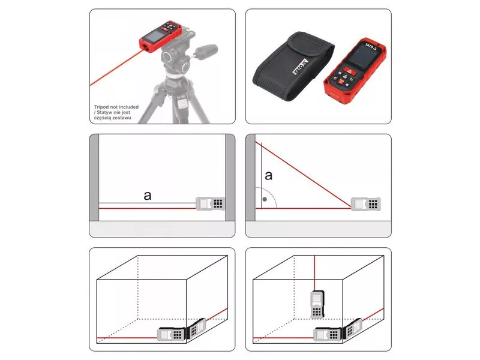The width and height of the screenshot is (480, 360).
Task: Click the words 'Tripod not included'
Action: tap(116, 107)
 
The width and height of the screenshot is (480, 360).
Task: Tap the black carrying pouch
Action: tap(293, 67)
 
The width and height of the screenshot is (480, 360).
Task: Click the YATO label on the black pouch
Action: tap(300, 67)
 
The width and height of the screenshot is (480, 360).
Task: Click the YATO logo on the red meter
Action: tap(371, 47)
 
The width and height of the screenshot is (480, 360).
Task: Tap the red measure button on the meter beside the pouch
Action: tap(349, 71)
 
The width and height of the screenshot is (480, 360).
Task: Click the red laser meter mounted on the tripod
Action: tap(161, 36)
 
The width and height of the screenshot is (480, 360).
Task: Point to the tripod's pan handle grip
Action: tap(206, 50)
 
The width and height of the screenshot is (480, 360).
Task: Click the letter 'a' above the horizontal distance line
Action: tap(147, 196)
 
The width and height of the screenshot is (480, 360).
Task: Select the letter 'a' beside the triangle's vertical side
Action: tap(268, 176)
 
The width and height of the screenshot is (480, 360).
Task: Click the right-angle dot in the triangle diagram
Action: tap(265, 199)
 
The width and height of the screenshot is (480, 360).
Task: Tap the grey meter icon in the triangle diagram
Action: tap(366, 204)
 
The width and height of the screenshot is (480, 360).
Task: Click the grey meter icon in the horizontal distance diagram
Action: tap(211, 203)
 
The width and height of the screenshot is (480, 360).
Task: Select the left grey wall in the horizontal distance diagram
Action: tap(94, 177)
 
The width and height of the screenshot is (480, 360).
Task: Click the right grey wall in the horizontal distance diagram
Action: tap(230, 177)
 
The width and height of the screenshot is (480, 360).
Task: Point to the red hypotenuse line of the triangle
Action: tap(303, 175)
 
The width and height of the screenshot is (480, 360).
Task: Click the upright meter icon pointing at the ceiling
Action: tap(317, 305)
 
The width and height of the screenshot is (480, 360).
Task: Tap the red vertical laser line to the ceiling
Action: tap(314, 273)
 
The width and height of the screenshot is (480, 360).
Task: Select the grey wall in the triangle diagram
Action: tap(250, 177)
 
